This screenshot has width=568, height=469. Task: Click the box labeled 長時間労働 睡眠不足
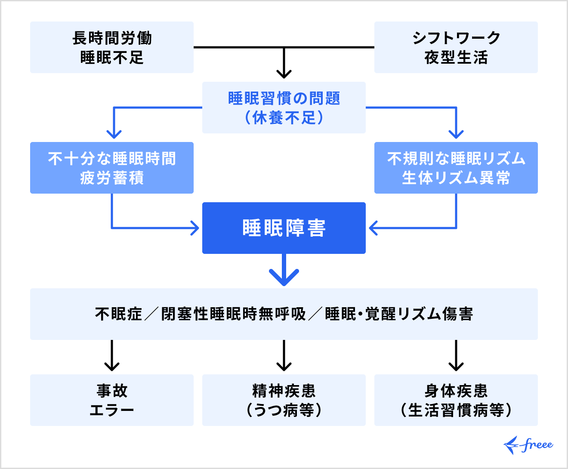pos(112,47)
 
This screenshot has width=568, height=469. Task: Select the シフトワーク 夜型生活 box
pos(456,47)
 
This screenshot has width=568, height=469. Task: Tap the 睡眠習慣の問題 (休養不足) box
pos(284,108)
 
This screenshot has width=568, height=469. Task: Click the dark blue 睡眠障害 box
pos(284,228)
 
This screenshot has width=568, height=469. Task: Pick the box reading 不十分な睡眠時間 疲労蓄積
pos(112,168)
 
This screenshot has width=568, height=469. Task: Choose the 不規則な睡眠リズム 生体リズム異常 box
pos(456,168)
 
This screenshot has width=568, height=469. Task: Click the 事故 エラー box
pos(112,400)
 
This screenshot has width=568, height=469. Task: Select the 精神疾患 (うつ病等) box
pos(284,400)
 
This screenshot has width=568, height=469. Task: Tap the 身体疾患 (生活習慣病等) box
pos(456,400)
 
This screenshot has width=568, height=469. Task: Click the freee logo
pos(528,445)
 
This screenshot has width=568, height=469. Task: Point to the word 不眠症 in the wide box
pos(118,314)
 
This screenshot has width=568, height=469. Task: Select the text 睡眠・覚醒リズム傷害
pos(399,314)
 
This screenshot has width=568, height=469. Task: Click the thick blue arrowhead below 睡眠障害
pos(284,278)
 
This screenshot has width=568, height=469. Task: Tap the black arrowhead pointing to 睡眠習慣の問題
pos(284,74)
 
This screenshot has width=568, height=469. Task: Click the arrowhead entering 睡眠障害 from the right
pos(373,228)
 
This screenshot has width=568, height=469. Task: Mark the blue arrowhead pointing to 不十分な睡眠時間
pos(114,134)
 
